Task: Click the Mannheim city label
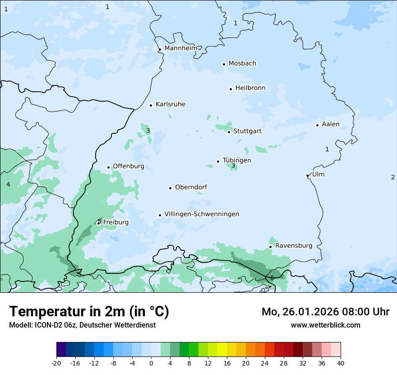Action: (180, 48)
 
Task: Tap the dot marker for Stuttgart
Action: (229, 132)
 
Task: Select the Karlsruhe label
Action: (170, 104)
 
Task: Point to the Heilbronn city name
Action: (250, 88)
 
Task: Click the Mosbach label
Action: (242, 64)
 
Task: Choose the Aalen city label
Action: (331, 124)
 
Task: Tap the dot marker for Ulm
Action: (308, 175)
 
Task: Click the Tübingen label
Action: (237, 160)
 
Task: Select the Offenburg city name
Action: (129, 166)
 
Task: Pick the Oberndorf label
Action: (191, 187)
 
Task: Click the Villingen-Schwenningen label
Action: (202, 214)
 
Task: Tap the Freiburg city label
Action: (115, 222)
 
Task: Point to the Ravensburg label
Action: (294, 246)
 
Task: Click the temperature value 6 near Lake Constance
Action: (272, 278)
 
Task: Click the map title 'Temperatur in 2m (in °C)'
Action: (89, 312)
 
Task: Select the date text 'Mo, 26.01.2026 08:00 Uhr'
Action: (325, 312)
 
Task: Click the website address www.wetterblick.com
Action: (325, 325)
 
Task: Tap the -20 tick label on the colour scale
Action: (56, 363)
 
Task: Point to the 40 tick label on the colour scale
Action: (340, 363)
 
